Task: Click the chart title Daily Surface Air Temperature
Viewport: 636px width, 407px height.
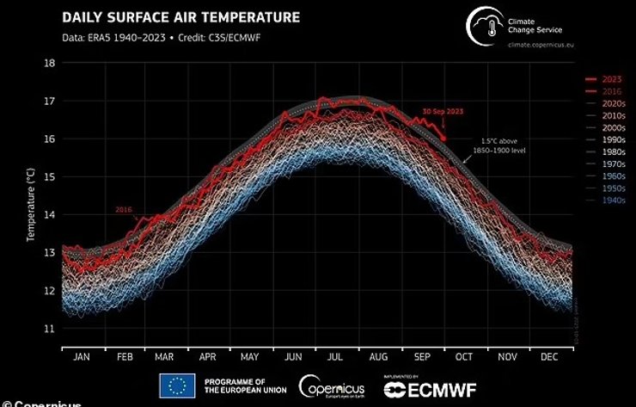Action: pos(180,17)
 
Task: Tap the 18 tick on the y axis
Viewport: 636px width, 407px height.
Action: pos(50,63)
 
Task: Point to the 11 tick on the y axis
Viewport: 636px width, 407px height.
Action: pos(50,328)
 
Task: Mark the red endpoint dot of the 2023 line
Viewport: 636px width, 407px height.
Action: pos(443,138)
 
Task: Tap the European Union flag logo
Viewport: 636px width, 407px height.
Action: pos(176,385)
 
